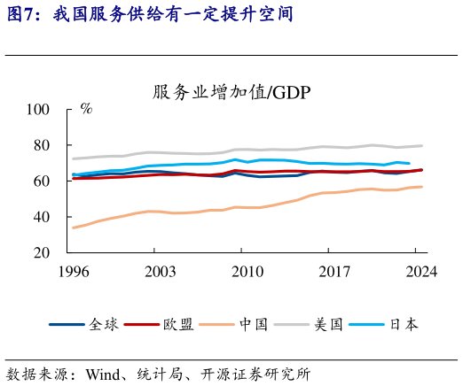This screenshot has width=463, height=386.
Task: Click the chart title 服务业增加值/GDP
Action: coord(231,92)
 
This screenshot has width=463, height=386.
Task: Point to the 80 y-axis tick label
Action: coord(42,145)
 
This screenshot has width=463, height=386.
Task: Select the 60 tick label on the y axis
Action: coord(42,181)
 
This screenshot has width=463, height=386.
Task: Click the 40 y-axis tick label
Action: coord(42,217)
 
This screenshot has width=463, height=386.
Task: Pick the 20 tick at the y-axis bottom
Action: coord(42,253)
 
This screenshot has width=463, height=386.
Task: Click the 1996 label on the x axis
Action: coord(73,272)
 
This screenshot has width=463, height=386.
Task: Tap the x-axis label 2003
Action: coord(160,272)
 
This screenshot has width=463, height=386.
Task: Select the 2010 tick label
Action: coord(247,272)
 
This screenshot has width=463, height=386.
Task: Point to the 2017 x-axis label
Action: coord(334,272)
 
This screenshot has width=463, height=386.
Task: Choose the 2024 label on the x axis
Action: coord(420,272)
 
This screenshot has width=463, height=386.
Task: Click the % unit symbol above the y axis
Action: coord(86,109)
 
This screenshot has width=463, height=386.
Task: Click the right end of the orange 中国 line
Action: coord(421,187)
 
